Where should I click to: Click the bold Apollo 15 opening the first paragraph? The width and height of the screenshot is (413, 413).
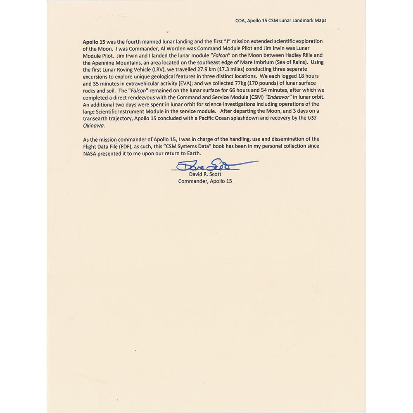click(94, 42)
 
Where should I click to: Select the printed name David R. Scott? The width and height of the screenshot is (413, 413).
click(205, 174)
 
